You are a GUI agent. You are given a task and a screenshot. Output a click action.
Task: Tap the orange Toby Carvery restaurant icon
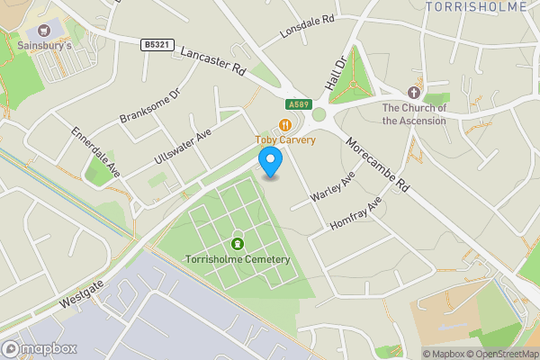tap(285, 125)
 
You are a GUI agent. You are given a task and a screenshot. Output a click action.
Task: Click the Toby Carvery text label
tap(284, 139)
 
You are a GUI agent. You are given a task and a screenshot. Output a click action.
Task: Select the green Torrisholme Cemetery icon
tap(238, 243)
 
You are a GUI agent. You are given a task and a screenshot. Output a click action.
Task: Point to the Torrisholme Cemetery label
tap(238, 259)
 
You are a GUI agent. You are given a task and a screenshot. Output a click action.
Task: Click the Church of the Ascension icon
tap(413, 93)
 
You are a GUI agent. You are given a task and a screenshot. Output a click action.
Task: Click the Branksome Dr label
tap(150, 106)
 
